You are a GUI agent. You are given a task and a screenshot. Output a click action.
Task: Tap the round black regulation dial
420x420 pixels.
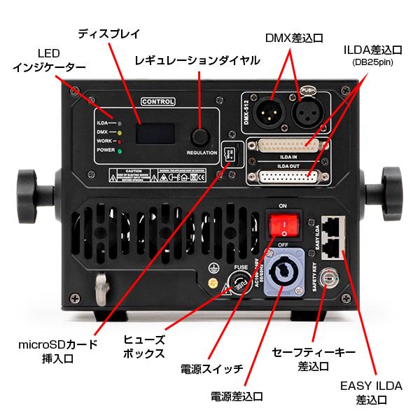[x=202, y=136]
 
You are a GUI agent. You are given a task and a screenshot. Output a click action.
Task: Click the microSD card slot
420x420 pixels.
[x=227, y=153]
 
